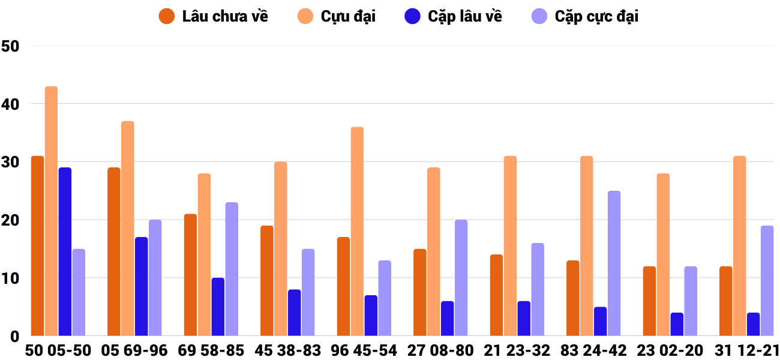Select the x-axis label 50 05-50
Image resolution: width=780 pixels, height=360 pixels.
coord(58,350)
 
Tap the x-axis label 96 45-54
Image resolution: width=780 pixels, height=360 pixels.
coord(364,350)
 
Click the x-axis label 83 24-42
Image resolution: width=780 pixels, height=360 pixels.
coord(593,350)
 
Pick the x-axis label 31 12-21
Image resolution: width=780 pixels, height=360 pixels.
coord(746,350)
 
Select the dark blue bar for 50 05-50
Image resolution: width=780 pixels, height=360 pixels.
coord(65,252)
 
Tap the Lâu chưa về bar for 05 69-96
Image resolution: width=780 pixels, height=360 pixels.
coord(114,252)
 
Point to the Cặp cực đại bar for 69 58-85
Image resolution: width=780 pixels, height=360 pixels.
coord(232,269)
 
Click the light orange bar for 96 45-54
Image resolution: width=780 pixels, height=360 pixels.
coord(357,232)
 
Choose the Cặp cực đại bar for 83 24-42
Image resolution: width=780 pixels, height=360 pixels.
coord(614,263)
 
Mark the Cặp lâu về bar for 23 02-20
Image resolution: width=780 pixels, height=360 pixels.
coord(677,325)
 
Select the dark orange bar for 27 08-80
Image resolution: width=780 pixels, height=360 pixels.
coord(420,293)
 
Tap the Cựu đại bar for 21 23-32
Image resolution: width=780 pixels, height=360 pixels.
coord(510,246)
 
